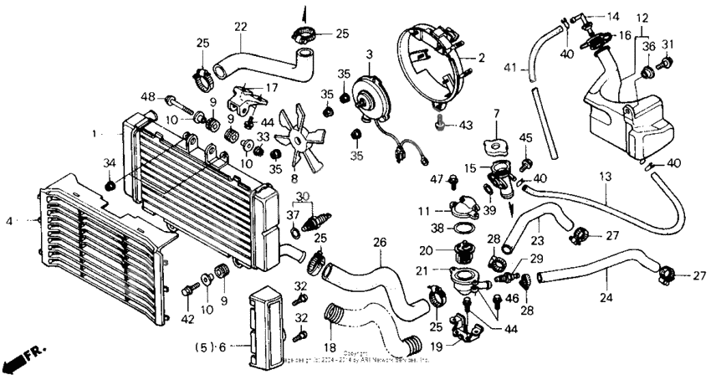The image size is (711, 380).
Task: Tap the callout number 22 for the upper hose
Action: coord(240,28)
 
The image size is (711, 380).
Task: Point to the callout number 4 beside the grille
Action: coord(8,221)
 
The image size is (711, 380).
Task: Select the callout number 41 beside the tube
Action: coord(510,67)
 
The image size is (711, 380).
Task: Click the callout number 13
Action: coord(606,177)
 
